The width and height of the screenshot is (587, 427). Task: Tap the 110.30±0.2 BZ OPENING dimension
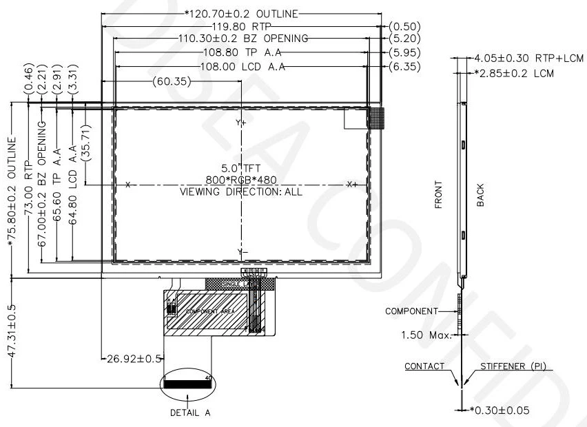click(234, 39)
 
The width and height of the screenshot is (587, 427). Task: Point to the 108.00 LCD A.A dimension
click(238, 65)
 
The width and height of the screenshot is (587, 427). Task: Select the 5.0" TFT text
click(240, 168)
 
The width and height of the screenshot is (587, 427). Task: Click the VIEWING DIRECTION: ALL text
click(240, 191)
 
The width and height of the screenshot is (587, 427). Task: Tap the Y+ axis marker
click(241, 123)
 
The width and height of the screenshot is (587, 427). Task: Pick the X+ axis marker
click(352, 185)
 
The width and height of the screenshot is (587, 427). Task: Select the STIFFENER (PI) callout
click(513, 366)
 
